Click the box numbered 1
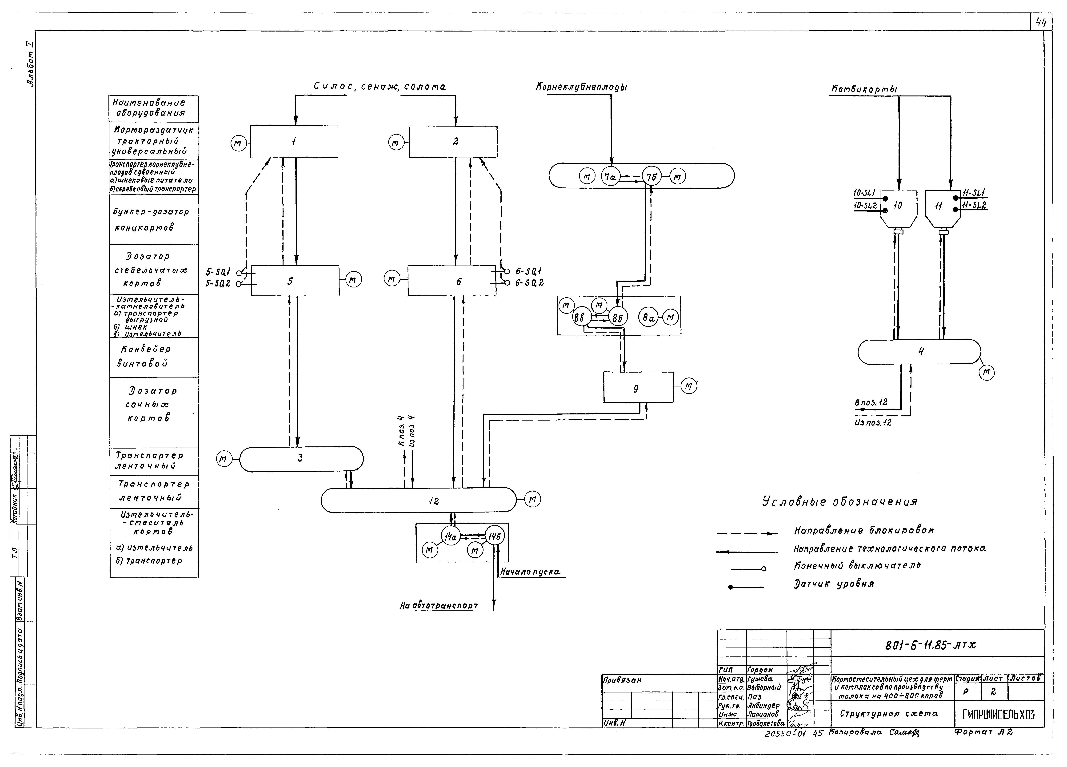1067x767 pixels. point(294,141)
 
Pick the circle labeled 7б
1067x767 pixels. point(652,177)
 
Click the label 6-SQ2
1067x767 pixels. point(530,283)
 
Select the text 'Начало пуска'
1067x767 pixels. point(530,572)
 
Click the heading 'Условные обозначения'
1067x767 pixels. point(839,502)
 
